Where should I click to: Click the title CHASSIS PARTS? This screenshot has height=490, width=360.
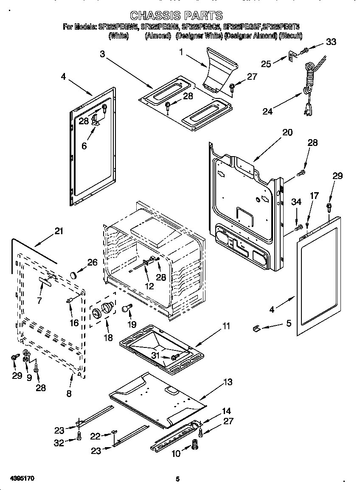(176, 16)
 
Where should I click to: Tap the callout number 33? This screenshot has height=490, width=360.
(331, 42)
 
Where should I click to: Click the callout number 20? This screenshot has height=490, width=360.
(287, 132)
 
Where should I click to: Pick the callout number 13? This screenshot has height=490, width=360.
(228, 382)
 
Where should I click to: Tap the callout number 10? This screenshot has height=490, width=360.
(176, 454)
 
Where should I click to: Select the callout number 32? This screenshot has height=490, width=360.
(59, 443)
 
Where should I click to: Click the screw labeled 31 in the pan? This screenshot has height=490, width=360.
(174, 358)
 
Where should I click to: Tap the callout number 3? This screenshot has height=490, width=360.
(102, 53)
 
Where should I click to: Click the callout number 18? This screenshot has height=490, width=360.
(109, 338)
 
